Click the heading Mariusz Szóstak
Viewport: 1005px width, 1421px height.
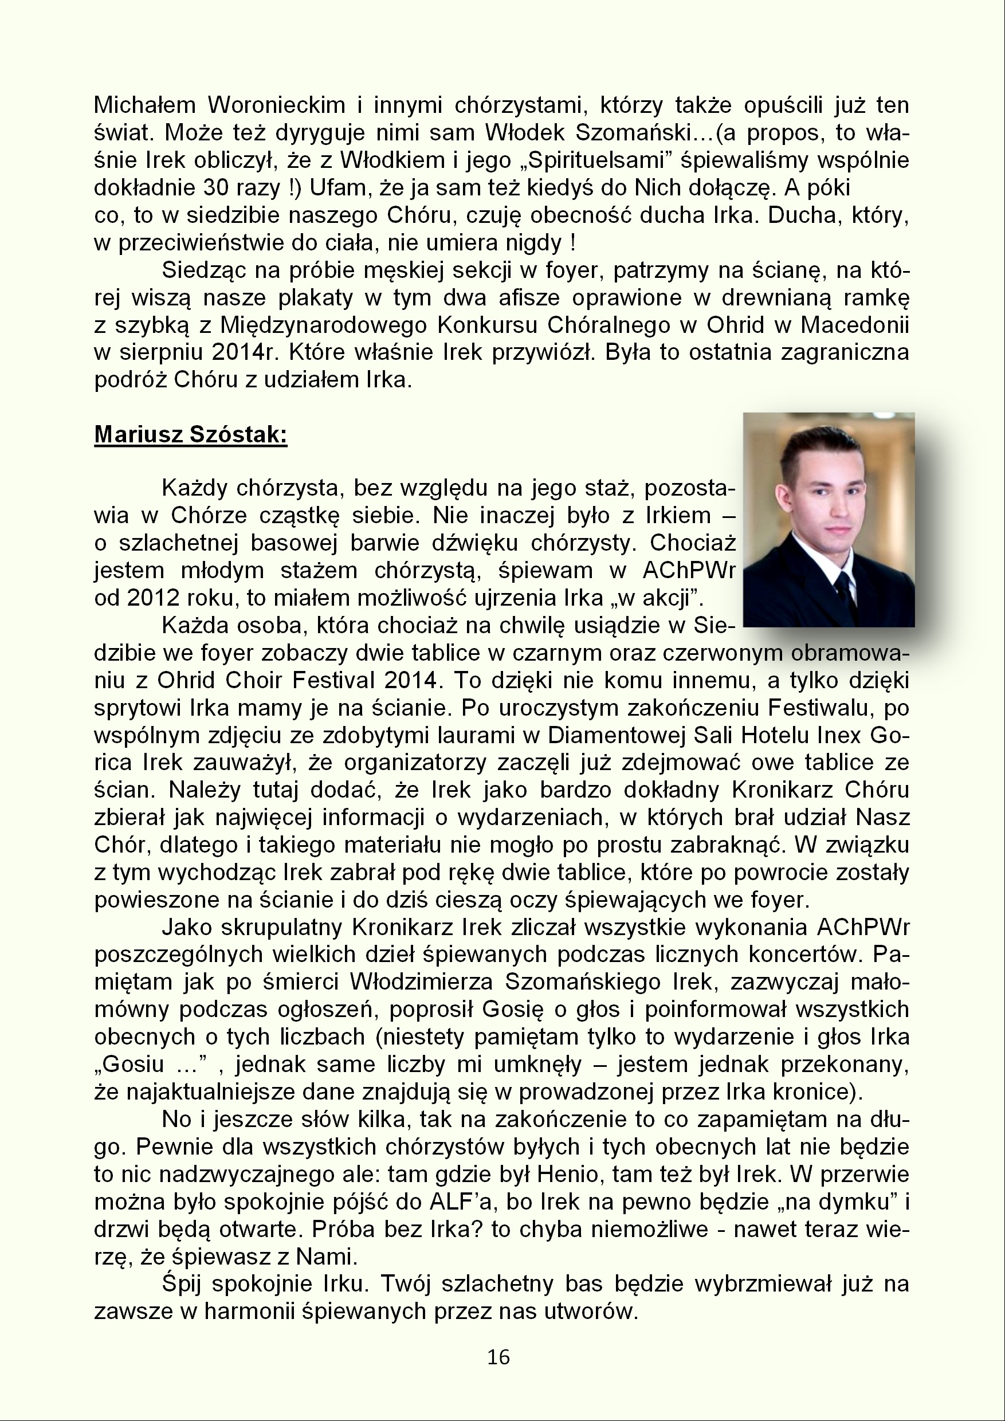191,435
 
